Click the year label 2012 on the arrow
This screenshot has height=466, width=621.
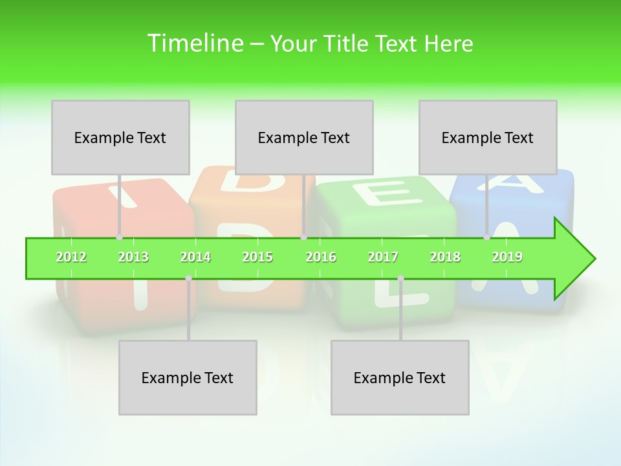coord(71,257)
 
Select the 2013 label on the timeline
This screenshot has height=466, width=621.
coord(133,257)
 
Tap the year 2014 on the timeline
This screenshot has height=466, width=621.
coord(195,257)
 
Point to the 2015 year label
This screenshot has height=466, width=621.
coord(257,257)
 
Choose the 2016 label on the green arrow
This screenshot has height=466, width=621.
coord(321,257)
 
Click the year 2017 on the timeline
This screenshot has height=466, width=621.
coord(383,257)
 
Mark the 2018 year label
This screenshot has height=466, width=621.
coord(445,257)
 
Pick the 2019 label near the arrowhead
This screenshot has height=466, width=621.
coord(507,257)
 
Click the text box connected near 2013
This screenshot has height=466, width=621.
coord(120,137)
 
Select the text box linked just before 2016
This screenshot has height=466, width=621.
coord(304,137)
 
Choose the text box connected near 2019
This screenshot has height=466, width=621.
coord(488,137)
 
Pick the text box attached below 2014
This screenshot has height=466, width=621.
coord(188,377)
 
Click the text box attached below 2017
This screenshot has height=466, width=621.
coord(400,377)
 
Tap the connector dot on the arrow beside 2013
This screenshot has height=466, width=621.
coord(119,238)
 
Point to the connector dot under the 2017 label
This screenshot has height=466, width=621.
coord(400,278)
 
